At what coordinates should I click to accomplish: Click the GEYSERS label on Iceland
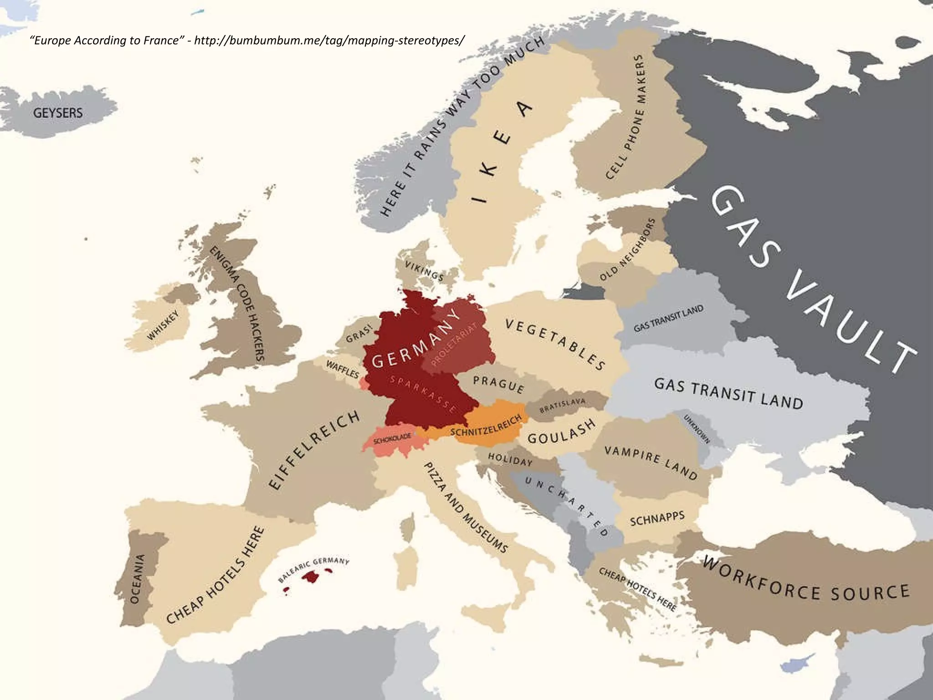pos(58,113)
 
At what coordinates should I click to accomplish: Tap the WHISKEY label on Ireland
pos(163,326)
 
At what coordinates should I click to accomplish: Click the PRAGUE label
pos(498,384)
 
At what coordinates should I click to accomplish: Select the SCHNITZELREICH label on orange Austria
pos(486,426)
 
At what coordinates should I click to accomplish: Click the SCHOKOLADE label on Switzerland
pos(392,438)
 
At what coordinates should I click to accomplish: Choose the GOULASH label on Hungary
pos(561,432)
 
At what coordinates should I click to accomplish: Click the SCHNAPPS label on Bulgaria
pos(657,519)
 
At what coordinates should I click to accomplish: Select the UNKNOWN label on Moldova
pos(697,429)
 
